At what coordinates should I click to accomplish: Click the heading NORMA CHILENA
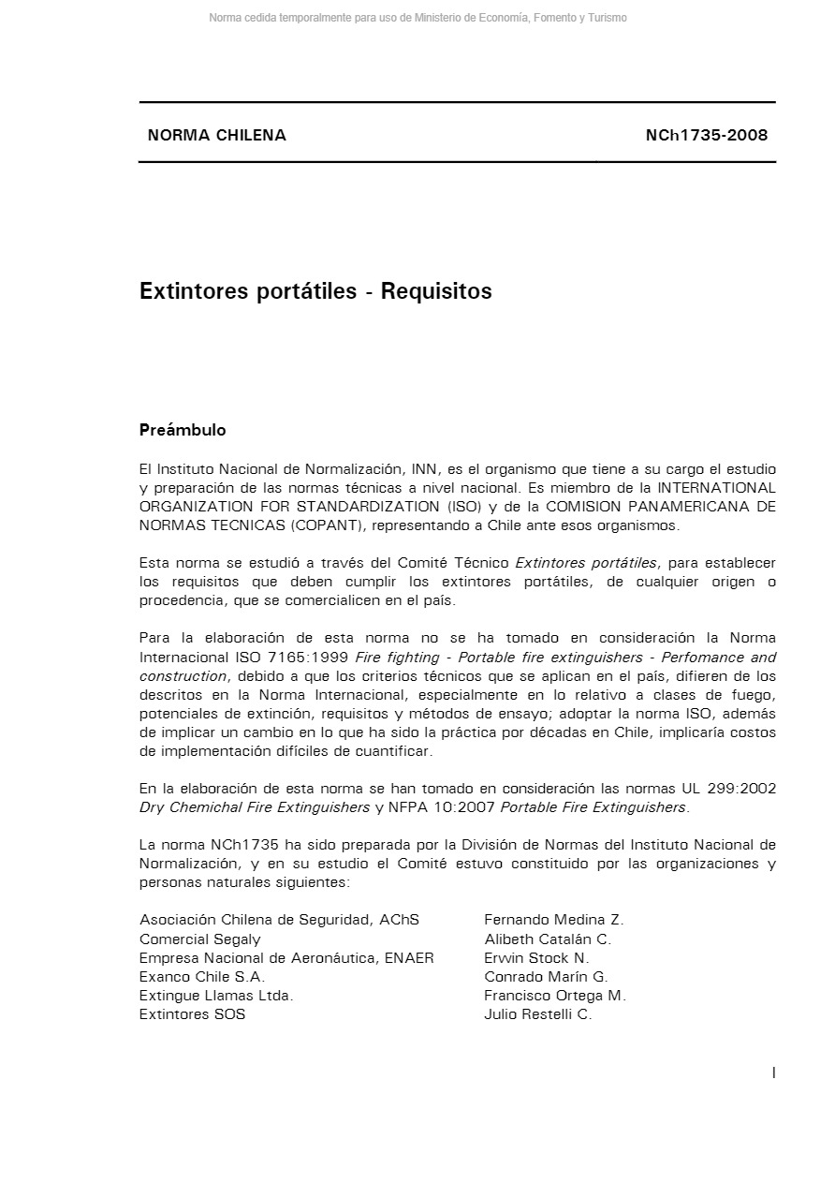tap(216, 135)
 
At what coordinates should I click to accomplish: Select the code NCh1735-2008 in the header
tap(706, 135)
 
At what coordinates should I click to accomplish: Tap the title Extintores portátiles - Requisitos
tap(315, 291)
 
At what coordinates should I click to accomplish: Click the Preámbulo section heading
tap(183, 430)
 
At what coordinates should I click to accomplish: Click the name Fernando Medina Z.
tap(554, 920)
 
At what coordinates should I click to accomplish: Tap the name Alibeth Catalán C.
tap(548, 939)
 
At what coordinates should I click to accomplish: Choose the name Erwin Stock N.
tap(536, 957)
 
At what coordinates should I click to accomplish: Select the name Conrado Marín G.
tap(546, 976)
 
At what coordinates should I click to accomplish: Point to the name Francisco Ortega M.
tap(555, 995)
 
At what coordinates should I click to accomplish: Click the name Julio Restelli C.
tap(538, 1013)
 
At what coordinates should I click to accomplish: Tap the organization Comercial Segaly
tap(200, 939)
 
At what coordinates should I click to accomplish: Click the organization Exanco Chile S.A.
tap(202, 976)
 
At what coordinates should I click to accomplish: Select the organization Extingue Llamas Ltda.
tap(216, 995)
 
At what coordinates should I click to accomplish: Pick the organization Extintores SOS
tap(193, 1013)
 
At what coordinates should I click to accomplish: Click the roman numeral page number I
tap(773, 1073)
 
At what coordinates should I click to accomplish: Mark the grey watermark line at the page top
tap(417, 18)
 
